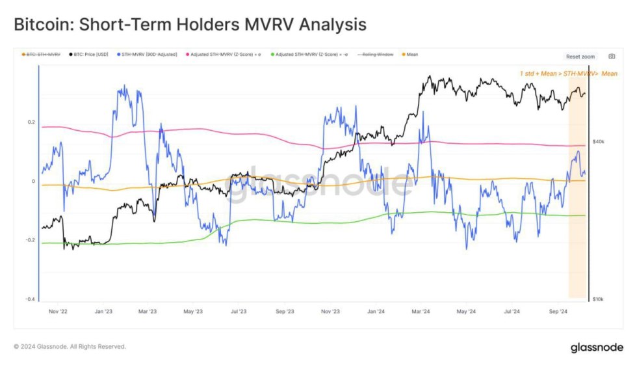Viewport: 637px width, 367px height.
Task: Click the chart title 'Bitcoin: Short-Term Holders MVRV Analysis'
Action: click(190, 25)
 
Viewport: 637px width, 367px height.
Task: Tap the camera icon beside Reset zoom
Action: click(611, 57)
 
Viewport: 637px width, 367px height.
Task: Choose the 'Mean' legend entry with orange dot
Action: click(410, 55)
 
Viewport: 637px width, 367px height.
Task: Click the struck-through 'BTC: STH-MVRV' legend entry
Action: click(42, 55)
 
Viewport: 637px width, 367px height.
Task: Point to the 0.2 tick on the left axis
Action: click(31, 122)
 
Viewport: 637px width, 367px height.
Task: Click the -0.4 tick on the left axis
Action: click(30, 299)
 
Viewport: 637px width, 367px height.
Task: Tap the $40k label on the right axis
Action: click(599, 141)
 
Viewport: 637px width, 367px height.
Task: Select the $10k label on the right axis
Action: click(599, 299)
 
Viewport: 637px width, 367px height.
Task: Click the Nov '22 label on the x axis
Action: click(58, 312)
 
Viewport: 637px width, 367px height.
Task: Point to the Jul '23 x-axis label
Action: click(239, 312)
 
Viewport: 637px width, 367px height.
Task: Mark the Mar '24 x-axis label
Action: click(421, 312)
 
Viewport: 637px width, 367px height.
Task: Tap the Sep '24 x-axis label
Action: click(558, 312)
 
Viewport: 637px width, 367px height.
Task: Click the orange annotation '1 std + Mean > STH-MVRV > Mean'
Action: click(568, 74)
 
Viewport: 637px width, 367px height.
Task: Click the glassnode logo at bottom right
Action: click(597, 347)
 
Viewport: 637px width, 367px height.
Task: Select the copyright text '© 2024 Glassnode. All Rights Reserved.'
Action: click(70, 347)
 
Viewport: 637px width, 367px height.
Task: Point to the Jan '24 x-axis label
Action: click(376, 312)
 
